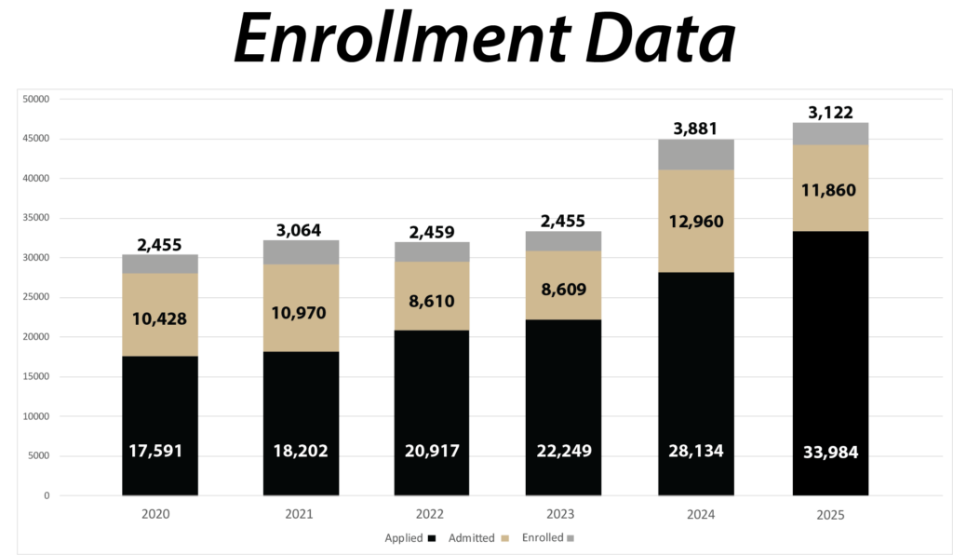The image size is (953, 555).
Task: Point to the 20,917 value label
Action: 431,452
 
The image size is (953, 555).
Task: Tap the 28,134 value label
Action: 695,452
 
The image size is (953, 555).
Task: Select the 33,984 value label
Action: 830,453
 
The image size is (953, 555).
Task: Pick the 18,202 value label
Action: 300,452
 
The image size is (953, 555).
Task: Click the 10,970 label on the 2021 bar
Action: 300,313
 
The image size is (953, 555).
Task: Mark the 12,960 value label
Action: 695,222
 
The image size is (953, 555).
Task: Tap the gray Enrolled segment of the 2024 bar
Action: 695,155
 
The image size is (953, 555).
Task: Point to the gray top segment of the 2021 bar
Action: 300,251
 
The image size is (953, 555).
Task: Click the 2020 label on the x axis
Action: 159,513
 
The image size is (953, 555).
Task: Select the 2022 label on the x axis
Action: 431,513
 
